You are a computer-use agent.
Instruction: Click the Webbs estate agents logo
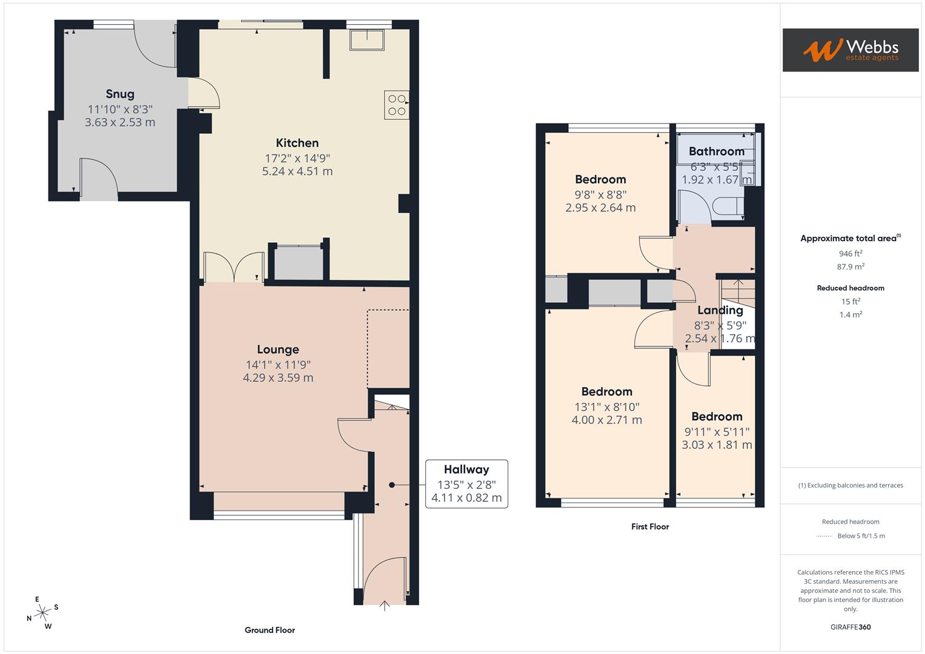[850, 50]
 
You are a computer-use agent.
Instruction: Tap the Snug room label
[120, 94]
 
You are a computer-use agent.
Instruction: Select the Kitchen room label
[297, 143]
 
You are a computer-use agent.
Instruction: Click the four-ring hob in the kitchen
[397, 105]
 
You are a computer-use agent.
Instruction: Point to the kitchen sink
[366, 39]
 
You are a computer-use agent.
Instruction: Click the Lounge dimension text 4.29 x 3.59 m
[278, 378]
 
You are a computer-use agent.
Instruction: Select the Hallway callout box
[466, 484]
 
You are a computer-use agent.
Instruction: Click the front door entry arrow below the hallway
[384, 606]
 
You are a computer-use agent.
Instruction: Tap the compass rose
[42, 613]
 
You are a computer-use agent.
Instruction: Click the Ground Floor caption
[270, 630]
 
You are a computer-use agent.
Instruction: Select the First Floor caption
[650, 527]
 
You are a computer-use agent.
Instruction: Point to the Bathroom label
[716, 151]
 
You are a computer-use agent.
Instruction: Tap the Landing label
[720, 310]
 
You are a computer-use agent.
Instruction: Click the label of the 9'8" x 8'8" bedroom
[600, 179]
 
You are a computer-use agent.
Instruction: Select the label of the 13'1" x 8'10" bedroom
[606, 392]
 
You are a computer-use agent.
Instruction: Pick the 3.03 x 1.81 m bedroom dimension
[717, 445]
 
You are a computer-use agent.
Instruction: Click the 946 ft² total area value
[850, 254]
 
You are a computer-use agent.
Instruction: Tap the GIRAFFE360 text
[850, 627]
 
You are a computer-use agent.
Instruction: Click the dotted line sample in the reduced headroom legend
[824, 536]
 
